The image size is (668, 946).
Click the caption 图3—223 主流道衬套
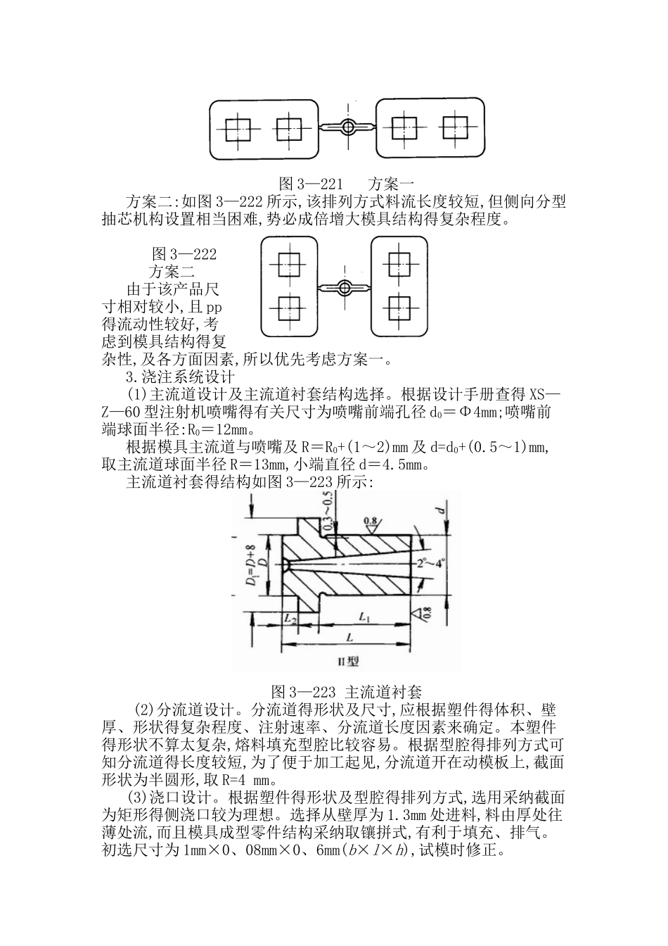[x=346, y=690]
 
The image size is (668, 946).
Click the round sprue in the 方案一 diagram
[x=347, y=127]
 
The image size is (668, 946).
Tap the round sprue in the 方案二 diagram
[x=344, y=287]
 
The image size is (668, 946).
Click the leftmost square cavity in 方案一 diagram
[x=237, y=129]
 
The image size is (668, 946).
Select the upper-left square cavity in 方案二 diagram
[x=288, y=265]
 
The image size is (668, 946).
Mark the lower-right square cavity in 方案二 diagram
[x=399, y=307]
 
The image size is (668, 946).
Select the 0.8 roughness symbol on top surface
[x=371, y=522]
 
